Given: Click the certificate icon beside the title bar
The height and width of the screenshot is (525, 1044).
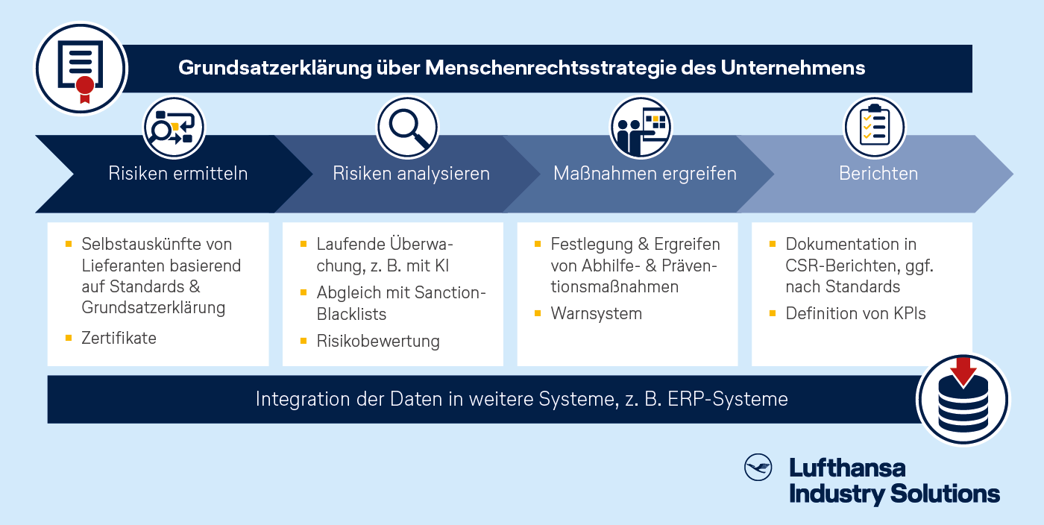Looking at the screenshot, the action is (81, 69).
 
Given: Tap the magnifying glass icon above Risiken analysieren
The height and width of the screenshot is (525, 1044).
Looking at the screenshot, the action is (408, 128).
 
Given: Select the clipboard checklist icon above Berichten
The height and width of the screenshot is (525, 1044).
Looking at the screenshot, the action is (874, 128).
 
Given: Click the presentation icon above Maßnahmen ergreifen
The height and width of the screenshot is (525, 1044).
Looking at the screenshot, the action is (641, 128).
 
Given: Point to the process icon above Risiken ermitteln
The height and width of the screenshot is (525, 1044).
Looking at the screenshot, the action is (174, 128).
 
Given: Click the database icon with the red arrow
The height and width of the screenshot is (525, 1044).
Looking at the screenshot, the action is (963, 400).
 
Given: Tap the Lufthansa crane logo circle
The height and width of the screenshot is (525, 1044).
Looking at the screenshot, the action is (758, 467).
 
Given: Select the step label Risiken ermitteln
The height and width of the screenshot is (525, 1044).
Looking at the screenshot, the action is (178, 174).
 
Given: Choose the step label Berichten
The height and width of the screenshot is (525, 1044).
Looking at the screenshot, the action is (878, 174).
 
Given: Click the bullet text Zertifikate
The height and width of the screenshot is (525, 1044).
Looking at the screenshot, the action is (119, 338).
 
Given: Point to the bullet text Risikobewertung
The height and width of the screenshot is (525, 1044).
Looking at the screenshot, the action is (378, 342).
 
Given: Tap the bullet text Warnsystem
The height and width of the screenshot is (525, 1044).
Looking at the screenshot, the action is (596, 313).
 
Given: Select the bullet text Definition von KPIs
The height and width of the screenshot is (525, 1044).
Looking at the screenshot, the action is (856, 313).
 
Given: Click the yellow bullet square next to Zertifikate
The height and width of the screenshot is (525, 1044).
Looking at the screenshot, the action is (69, 338).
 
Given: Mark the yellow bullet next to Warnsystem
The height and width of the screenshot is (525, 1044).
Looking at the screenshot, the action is (538, 313).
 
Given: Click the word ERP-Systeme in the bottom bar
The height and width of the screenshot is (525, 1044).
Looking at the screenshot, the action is (728, 399).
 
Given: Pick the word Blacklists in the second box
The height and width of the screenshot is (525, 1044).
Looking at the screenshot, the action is (351, 314).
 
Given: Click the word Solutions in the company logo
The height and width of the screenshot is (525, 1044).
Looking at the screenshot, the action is (945, 494).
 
